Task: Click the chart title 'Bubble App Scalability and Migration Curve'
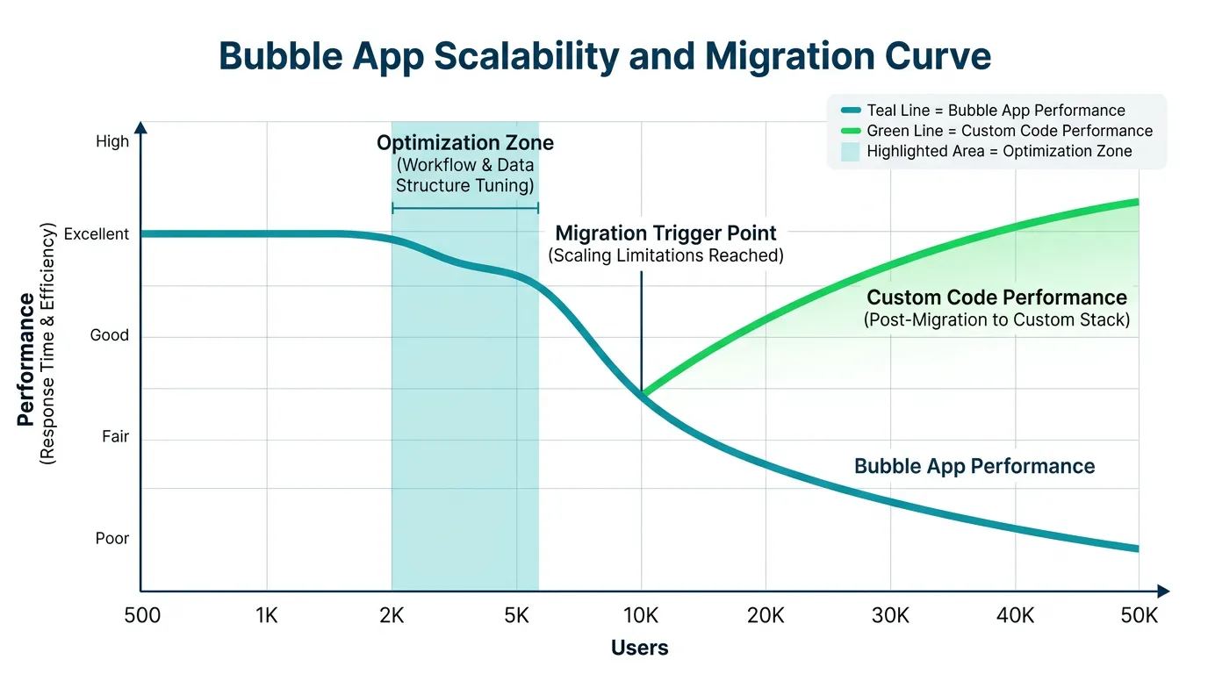(x=604, y=56)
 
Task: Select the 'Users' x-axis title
(x=639, y=649)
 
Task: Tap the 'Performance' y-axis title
(x=26, y=360)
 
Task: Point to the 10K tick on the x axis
(x=642, y=616)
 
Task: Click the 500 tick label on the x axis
(x=142, y=616)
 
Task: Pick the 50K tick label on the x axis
(x=1139, y=616)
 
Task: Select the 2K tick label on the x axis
(x=392, y=616)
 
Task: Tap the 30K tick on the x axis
(x=890, y=616)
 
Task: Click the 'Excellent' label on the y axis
(x=97, y=234)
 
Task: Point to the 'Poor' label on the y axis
(x=112, y=539)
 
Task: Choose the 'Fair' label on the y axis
(x=115, y=437)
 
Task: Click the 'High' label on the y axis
(x=112, y=141)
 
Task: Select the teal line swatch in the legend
(x=850, y=111)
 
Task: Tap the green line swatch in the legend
(x=850, y=131)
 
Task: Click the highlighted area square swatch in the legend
(x=850, y=151)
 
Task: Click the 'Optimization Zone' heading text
(x=465, y=143)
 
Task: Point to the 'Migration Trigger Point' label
(x=665, y=233)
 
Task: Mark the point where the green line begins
(x=643, y=395)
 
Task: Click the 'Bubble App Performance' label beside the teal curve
(x=974, y=466)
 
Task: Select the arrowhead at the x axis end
(x=1162, y=591)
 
